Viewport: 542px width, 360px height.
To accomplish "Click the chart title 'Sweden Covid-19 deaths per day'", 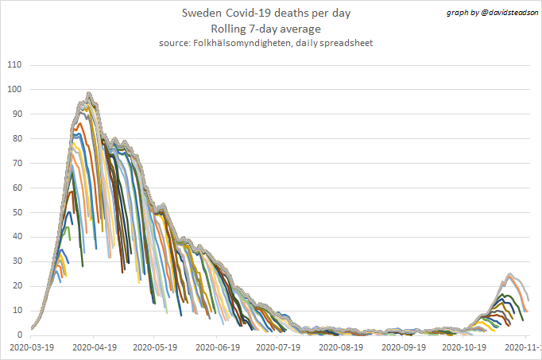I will click(265, 14).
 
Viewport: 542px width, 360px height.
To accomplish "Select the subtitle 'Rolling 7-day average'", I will click(265, 29).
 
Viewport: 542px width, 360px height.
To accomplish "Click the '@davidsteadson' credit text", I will click(505, 14).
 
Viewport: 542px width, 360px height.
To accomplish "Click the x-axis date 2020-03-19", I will click(32, 347).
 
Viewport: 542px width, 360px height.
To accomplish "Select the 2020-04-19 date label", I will click(94, 347).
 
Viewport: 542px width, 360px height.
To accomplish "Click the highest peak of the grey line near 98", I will click(89, 94).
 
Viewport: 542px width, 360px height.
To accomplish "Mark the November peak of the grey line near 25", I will click(509, 274).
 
